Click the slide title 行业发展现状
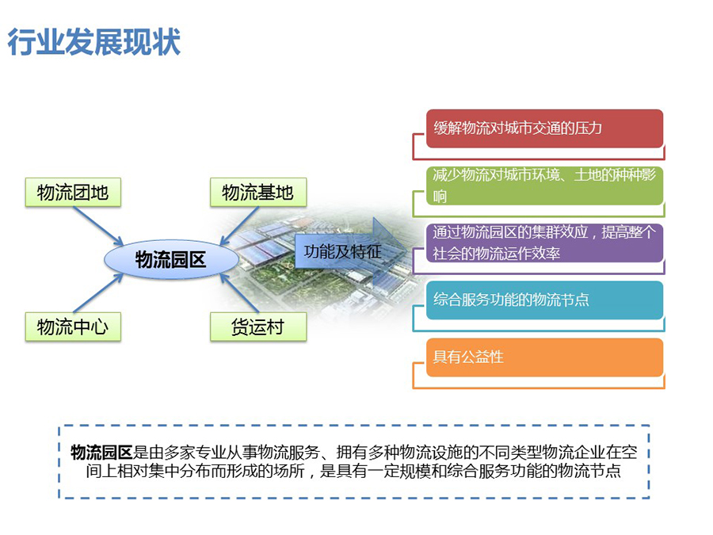pos(94,42)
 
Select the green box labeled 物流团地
pos(73,193)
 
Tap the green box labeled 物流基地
pos(258,193)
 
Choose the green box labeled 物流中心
pos(73,327)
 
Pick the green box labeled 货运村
pos(258,327)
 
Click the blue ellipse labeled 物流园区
pos(171,259)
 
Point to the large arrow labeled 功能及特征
pos(351,251)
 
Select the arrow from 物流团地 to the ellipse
pos(99,226)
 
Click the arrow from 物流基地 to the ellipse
pos(239,226)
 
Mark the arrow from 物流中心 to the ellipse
pos(99,292)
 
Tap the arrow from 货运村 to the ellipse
pos(239,292)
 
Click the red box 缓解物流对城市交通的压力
pos(544,128)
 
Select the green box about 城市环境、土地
pos(544,185)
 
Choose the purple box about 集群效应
pos(544,243)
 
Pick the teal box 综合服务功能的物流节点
pos(544,300)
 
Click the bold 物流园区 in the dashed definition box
pos(101,453)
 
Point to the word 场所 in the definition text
pos(288,471)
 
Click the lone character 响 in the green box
pos(440,197)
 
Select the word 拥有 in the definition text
pos(352,453)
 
